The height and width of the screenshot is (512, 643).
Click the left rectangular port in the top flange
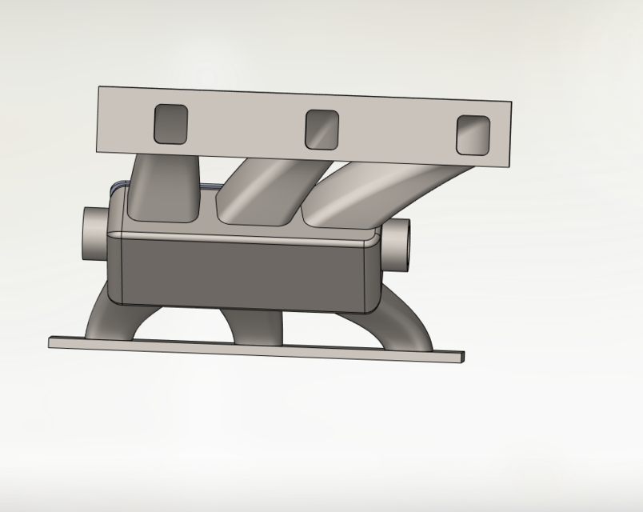170,124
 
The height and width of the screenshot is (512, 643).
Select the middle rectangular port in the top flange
322,130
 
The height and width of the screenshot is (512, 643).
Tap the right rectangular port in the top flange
473,135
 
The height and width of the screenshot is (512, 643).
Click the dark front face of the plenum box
244,272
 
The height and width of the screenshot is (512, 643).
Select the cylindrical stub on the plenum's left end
94,233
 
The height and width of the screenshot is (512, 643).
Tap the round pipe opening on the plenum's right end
400,243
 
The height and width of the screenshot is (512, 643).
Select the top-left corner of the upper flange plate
101,90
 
